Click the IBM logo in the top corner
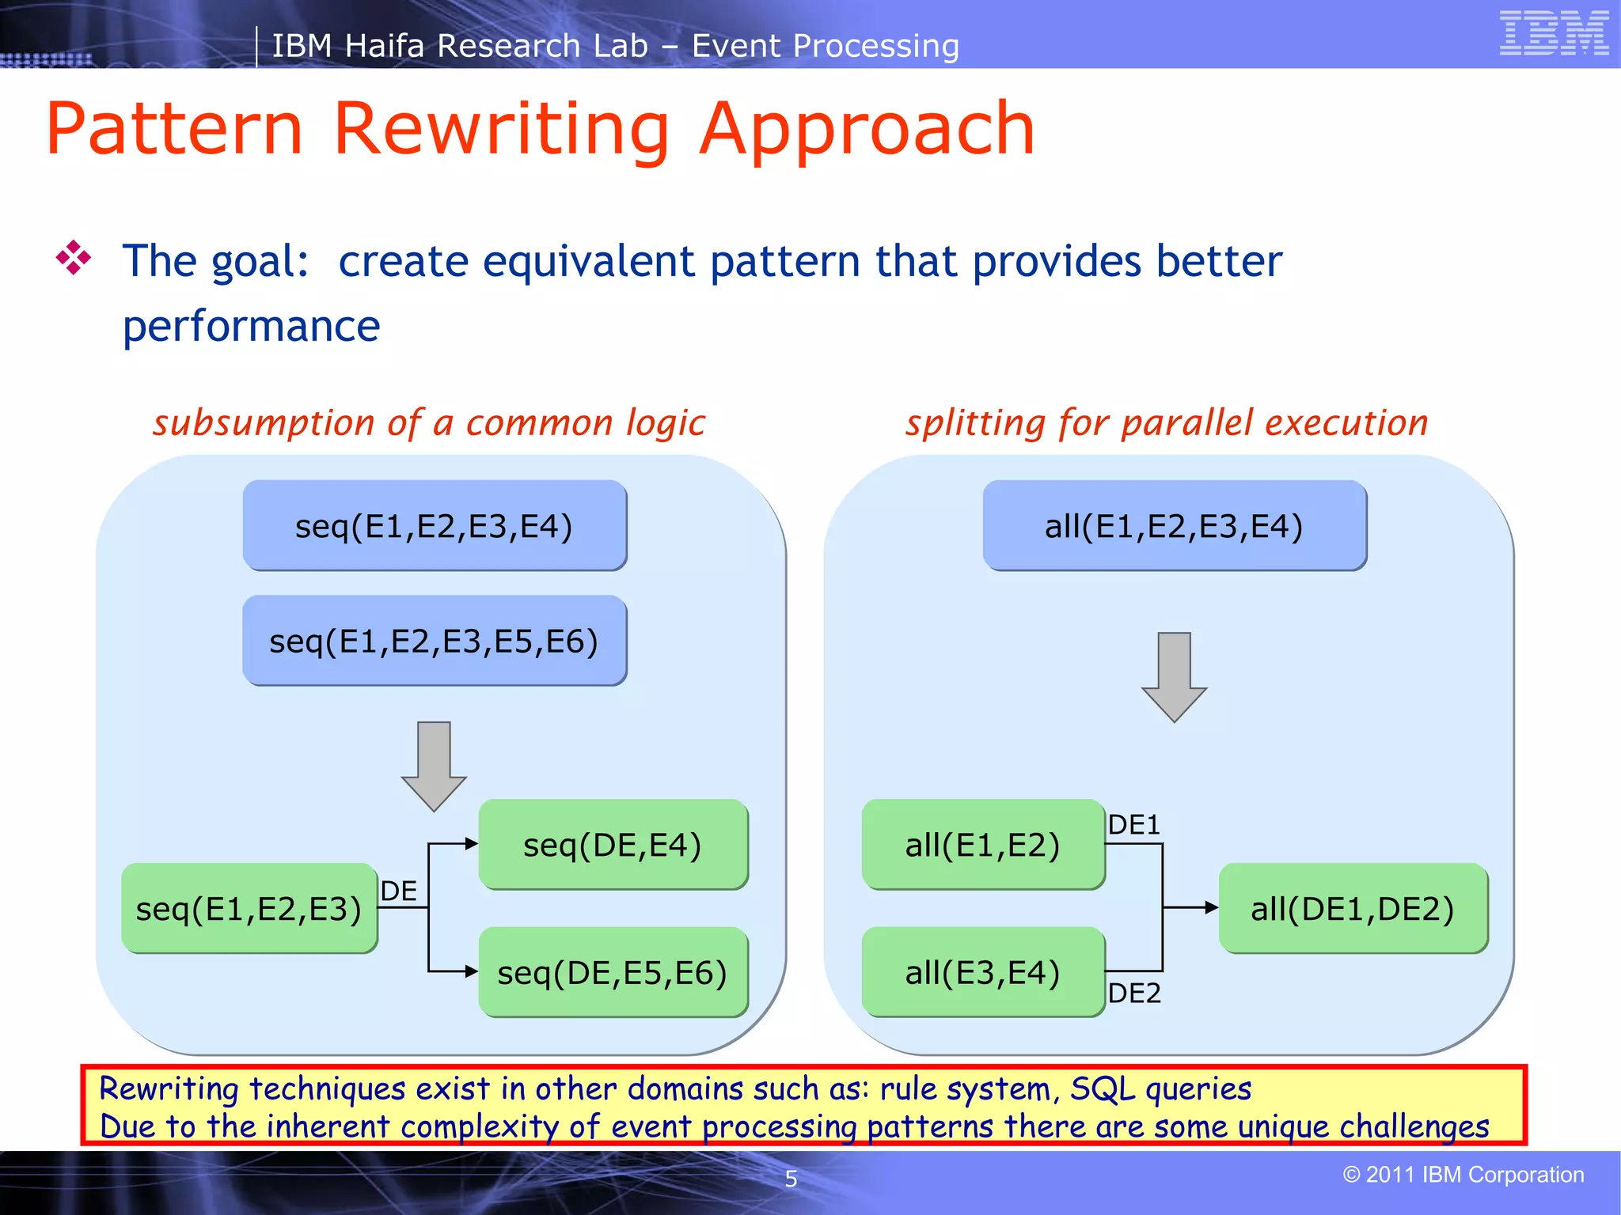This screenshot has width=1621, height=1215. pyautogui.click(x=1553, y=33)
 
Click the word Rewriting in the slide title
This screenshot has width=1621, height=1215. pyautogui.click(x=501, y=129)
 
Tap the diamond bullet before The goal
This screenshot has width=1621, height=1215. pyautogui.click(x=74, y=258)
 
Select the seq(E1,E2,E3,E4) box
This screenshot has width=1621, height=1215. pyautogui.click(x=434, y=526)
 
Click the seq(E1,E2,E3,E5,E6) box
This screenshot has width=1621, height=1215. pyautogui.click(x=434, y=641)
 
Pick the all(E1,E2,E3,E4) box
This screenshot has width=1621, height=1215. pyautogui.click(x=1174, y=526)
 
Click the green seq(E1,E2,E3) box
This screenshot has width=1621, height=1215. pyautogui.click(x=249, y=908)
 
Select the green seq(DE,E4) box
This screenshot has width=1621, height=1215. pyautogui.click(x=613, y=845)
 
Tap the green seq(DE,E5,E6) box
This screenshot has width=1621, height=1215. pyautogui.click(x=613, y=972)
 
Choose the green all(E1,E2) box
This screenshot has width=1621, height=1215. pyautogui.click(x=982, y=845)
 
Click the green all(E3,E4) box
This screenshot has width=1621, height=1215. pyautogui.click(x=982, y=972)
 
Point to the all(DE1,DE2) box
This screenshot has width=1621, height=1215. pyautogui.click(x=1353, y=908)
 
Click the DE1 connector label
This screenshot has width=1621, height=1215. pyautogui.click(x=1133, y=825)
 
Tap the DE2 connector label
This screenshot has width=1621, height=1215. pyautogui.click(x=1134, y=993)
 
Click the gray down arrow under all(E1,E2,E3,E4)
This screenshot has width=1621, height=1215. pyautogui.click(x=1174, y=677)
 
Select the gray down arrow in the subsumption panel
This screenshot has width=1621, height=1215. pyautogui.click(x=434, y=766)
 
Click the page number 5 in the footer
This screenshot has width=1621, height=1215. pyautogui.click(x=791, y=1179)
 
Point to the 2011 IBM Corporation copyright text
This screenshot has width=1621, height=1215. pyautogui.click(x=1463, y=1175)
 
